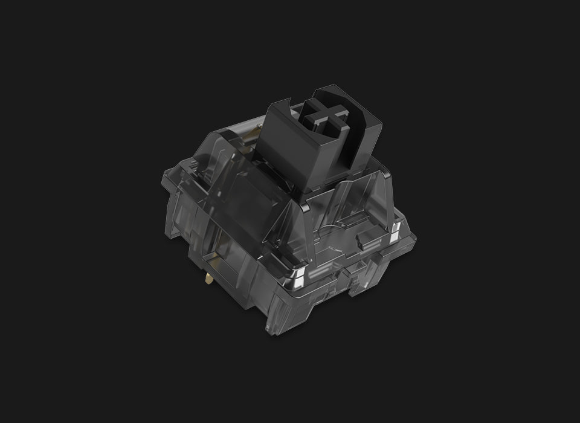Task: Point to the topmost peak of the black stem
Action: tap(329, 86)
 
